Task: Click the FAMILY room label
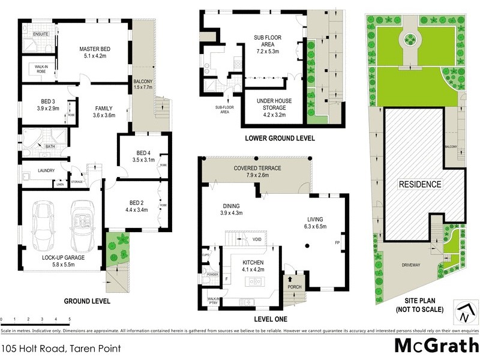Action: point(103,108)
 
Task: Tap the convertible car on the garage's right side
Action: point(82,222)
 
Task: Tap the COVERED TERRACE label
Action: point(257,169)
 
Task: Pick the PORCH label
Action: point(295,287)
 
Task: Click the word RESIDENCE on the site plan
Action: point(420,184)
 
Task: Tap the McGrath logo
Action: point(436,346)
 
